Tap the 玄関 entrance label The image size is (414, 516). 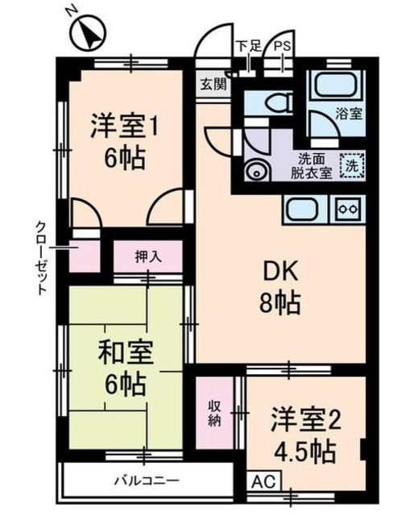[213, 84]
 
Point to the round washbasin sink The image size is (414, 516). [257, 171]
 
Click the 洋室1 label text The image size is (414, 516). [123, 127]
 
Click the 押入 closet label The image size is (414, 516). [147, 257]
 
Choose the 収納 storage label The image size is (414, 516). [215, 413]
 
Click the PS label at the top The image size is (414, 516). [282, 47]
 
